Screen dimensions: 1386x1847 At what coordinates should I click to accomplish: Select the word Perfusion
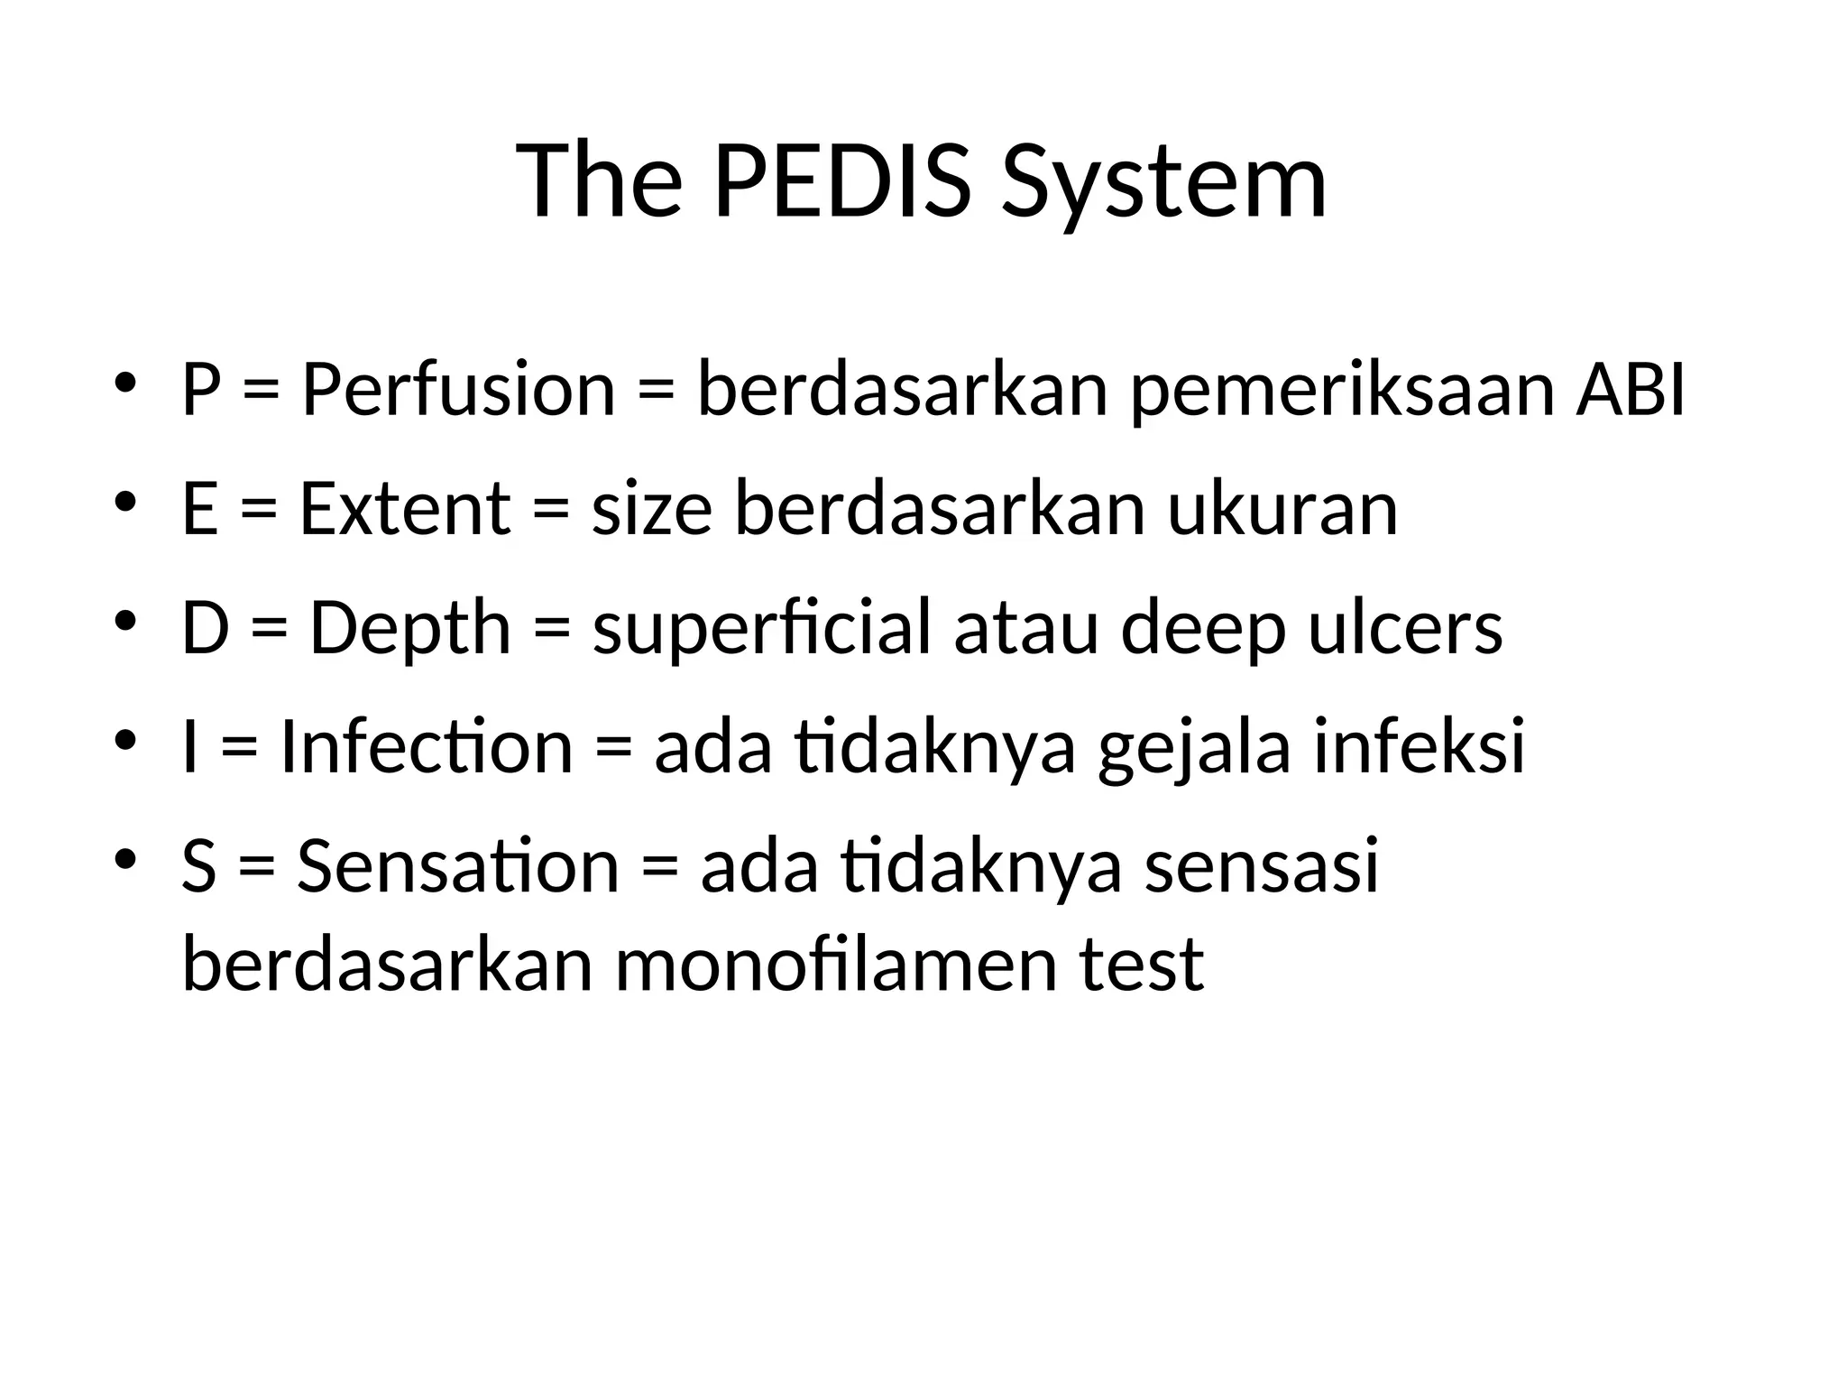(458, 391)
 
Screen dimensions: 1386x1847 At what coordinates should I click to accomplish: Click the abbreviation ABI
(1630, 391)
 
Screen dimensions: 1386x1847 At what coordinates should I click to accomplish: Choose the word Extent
(405, 509)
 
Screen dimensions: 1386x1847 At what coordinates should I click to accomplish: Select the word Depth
(410, 630)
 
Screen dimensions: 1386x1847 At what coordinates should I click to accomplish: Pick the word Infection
(427, 748)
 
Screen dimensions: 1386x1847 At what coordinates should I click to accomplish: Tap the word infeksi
(1420, 747)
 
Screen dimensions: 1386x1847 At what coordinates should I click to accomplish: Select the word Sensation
(458, 866)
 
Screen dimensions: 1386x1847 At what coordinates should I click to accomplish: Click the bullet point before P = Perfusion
(125, 380)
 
